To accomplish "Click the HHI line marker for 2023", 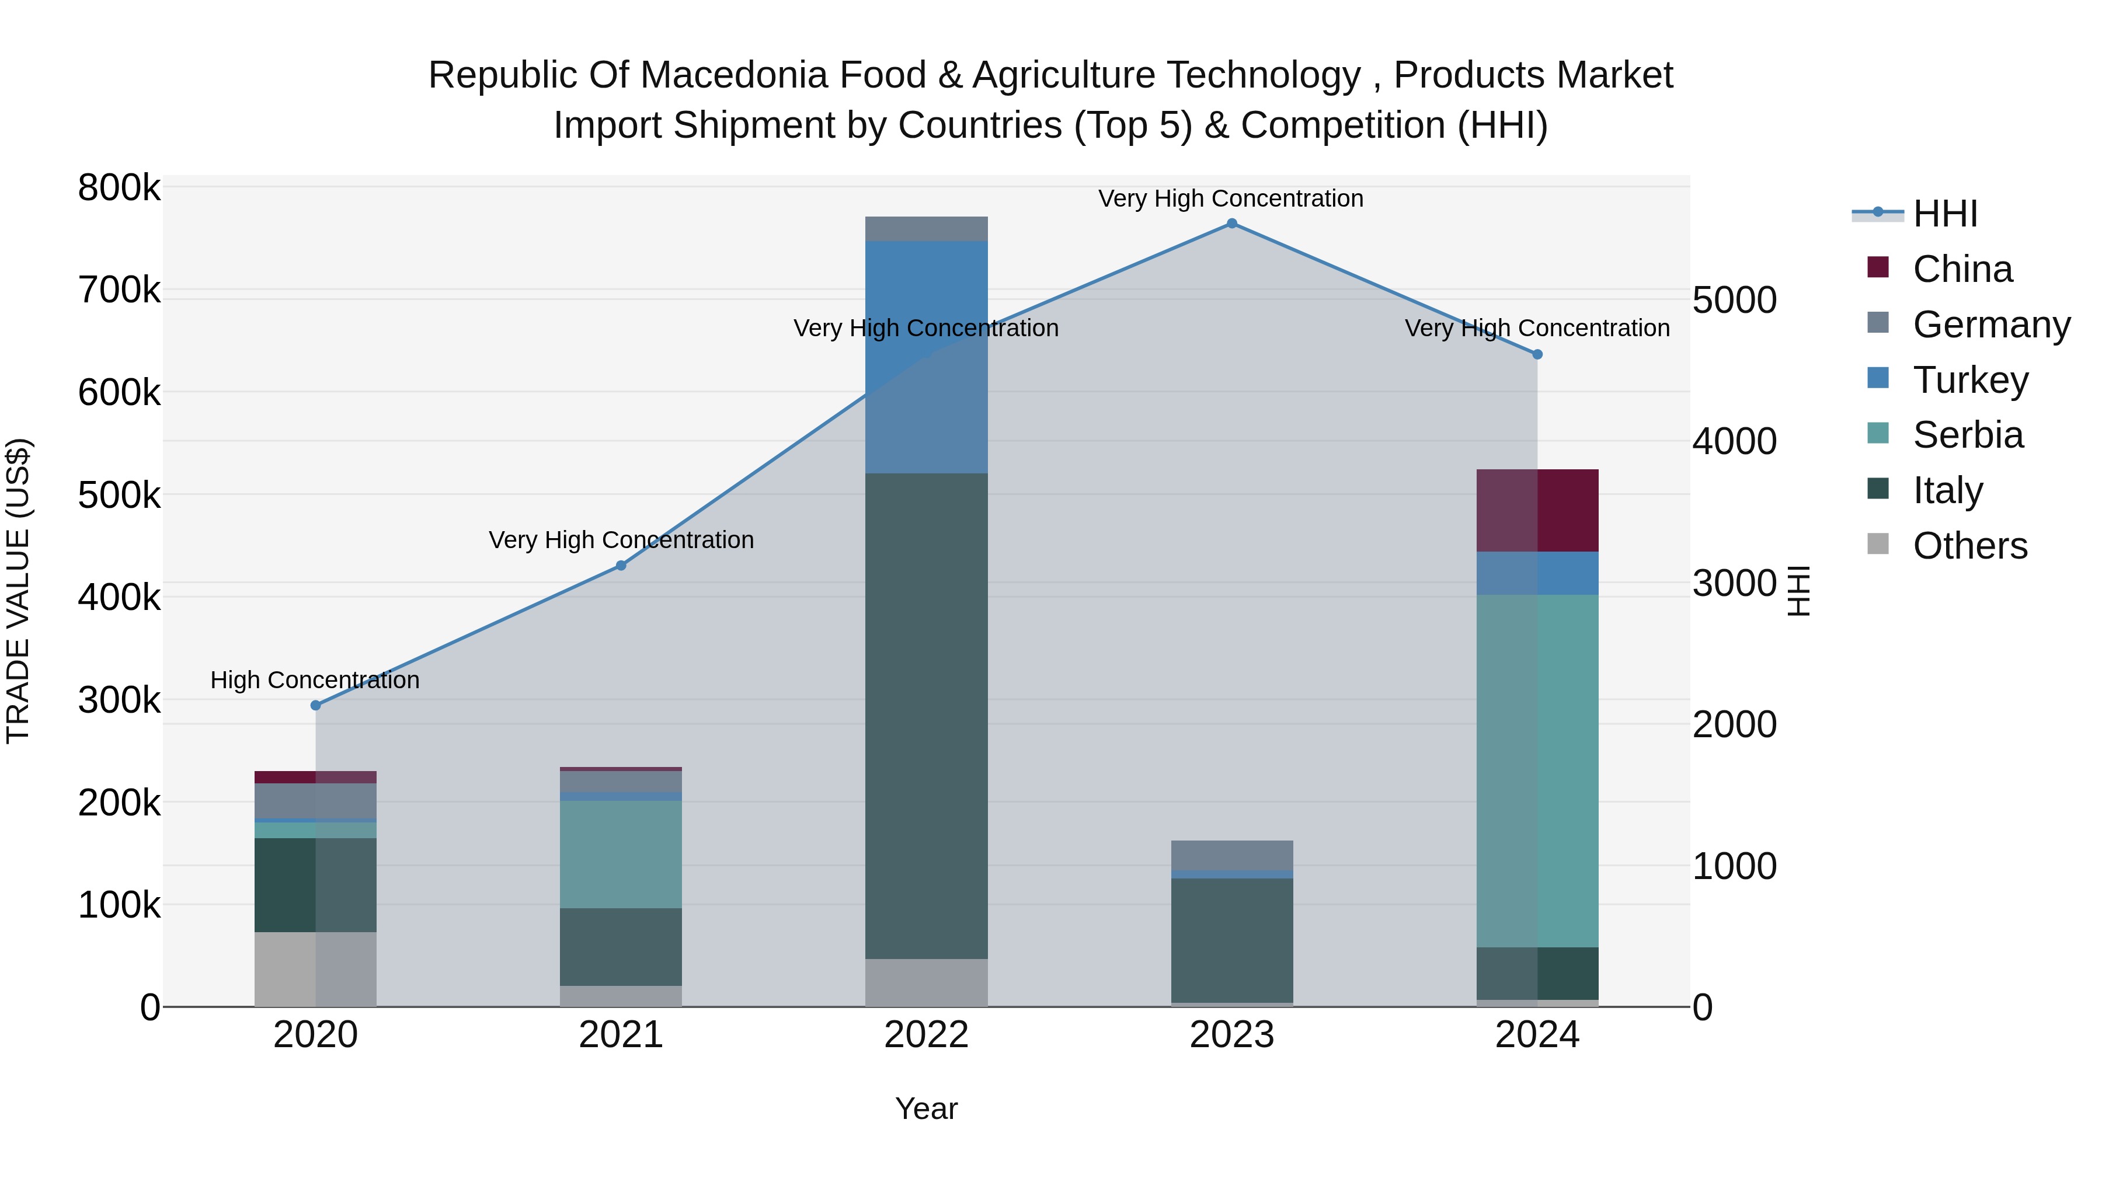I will [1231, 224].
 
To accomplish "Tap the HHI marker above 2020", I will [316, 705].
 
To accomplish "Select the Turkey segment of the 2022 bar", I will [926, 357].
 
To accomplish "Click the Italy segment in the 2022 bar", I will [926, 716].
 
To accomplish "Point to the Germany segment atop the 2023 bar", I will [1231, 855].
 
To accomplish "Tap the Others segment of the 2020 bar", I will [316, 968].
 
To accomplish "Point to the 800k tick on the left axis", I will [119, 189].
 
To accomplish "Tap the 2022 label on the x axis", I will [926, 1035].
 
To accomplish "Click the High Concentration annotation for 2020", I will [315, 679].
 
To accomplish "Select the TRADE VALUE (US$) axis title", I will [18, 591].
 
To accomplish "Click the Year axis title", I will [926, 1108].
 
